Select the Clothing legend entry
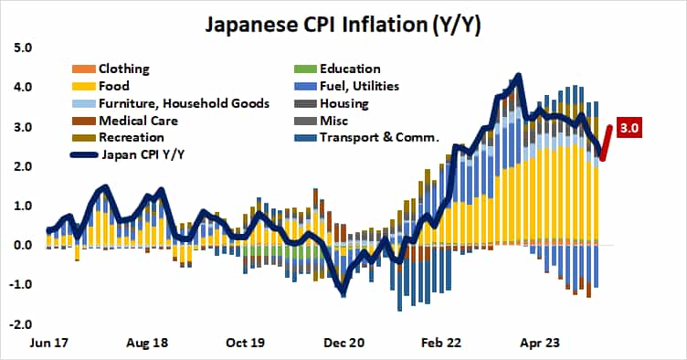point(123,69)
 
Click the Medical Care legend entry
point(137,121)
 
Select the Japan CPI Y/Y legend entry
point(143,155)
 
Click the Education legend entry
point(349,69)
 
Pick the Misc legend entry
point(334,121)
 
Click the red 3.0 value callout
point(628,128)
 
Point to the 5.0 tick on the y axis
point(21,48)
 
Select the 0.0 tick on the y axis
point(21,245)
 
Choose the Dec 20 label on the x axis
point(344,346)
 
